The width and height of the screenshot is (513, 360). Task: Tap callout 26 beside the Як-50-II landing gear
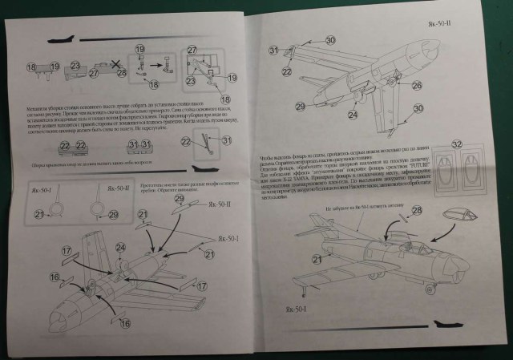click(416, 85)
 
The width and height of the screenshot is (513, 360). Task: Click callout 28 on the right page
click(416, 210)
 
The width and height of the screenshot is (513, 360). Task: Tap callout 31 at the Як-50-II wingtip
click(274, 51)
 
